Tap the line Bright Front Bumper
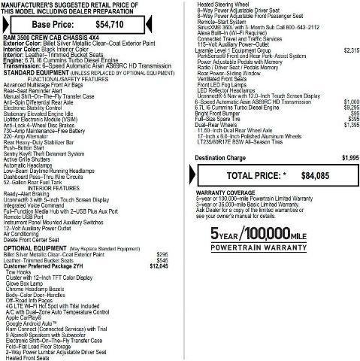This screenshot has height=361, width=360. tap(222, 112)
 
